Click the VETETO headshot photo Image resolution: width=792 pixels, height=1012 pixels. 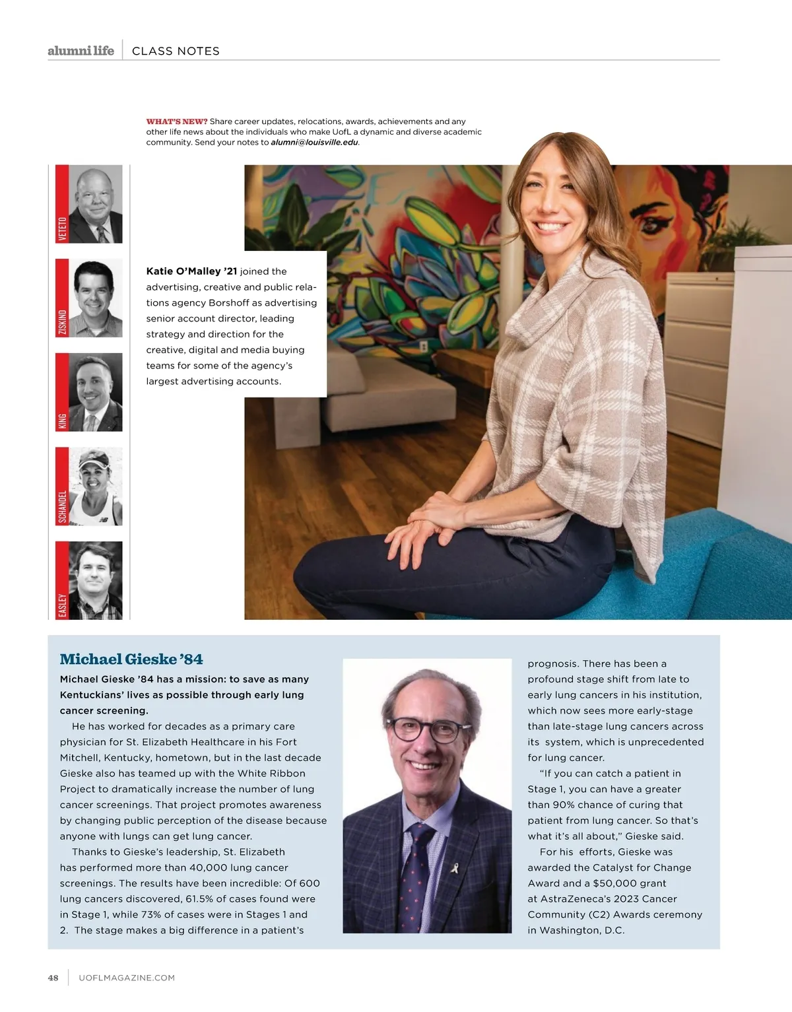(96, 204)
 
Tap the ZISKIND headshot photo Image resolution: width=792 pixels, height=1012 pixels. (96, 298)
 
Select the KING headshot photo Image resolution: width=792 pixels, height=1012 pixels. (96, 392)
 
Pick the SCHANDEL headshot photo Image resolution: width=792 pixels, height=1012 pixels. (96, 487)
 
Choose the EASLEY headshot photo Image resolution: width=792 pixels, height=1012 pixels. (96, 580)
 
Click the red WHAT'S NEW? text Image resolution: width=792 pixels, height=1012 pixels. (177, 121)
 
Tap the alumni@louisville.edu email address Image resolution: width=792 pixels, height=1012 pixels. (314, 143)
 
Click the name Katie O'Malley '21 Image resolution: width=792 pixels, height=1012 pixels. (191, 271)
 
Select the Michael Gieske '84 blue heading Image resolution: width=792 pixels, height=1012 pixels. (131, 659)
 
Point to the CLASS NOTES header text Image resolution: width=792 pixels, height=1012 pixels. (176, 51)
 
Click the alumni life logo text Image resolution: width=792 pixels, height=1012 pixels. (81, 51)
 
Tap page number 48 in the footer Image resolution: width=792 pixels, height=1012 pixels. (53, 978)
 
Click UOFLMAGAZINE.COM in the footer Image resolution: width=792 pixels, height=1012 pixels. (127, 978)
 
